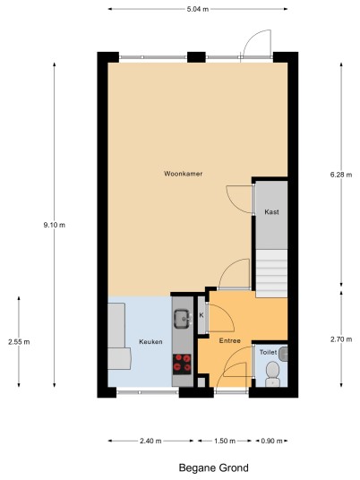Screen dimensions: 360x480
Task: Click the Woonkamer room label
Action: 183,174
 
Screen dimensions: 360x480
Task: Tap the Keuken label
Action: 150,341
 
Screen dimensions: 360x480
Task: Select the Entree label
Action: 229,340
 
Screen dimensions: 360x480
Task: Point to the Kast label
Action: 271,212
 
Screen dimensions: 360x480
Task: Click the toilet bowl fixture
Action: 272,373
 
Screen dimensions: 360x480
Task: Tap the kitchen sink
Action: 183,319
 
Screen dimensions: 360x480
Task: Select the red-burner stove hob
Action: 182,364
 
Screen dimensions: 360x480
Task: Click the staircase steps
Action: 271,273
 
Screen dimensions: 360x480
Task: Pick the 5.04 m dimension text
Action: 198,9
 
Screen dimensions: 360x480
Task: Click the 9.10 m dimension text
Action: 55,225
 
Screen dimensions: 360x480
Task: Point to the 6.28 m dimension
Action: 341,175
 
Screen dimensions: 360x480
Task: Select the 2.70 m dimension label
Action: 341,339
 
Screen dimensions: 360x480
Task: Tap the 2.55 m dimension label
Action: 19,342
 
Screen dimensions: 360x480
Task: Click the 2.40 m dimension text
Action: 150,441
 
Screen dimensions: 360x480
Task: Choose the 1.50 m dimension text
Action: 225,441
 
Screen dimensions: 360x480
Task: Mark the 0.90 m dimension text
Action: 271,441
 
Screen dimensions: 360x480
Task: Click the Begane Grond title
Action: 214,467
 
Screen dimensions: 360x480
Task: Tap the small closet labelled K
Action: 201,315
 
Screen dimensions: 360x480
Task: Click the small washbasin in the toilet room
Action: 284,354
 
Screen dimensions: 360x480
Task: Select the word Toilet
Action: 268,352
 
